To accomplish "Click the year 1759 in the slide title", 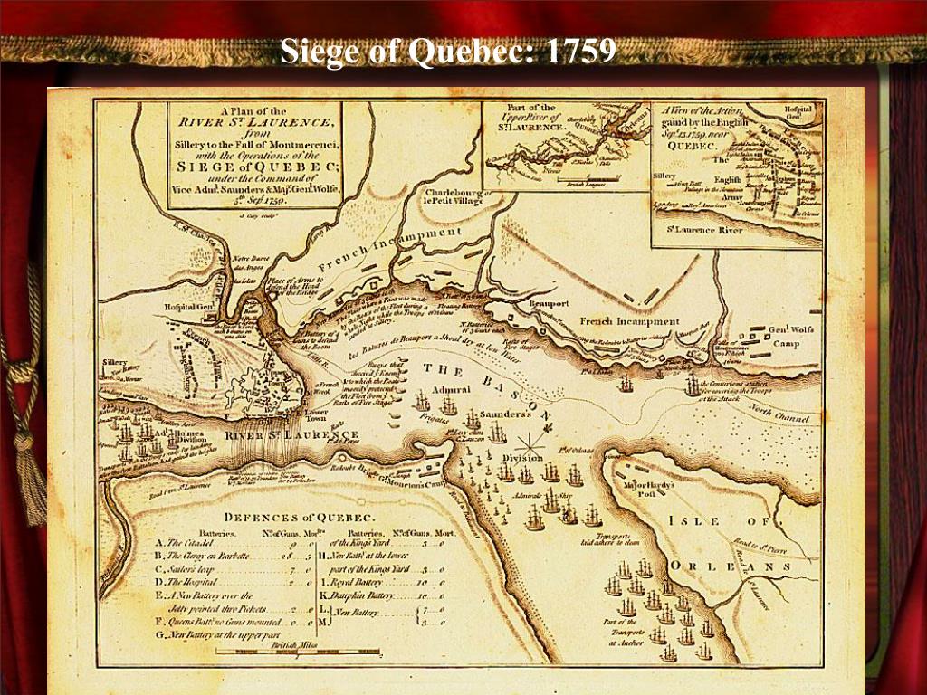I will tap(580, 51).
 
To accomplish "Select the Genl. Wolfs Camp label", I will tap(790, 337).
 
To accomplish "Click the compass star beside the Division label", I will tap(530, 443).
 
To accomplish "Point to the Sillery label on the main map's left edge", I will tap(115, 362).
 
